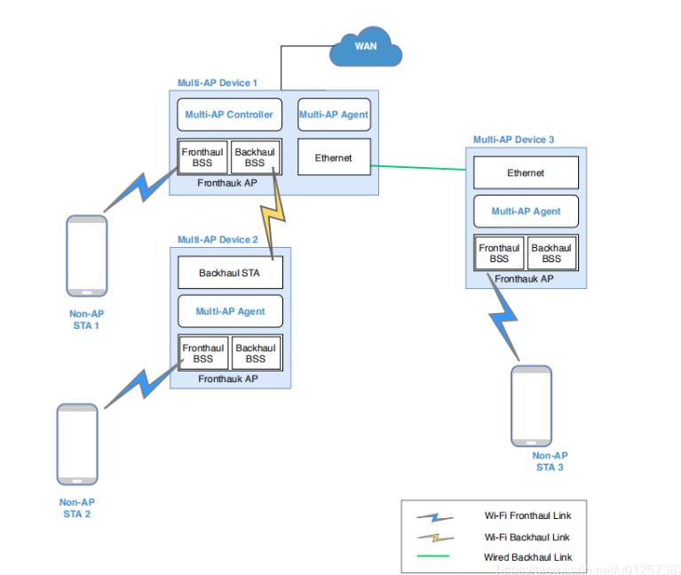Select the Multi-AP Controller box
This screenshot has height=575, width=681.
(228, 115)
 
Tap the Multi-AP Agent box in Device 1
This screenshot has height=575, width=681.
(334, 115)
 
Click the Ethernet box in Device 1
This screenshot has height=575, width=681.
(334, 158)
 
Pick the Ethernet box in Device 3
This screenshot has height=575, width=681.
(526, 173)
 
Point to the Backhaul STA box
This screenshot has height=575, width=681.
(229, 273)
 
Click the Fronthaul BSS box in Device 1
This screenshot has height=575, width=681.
(202, 157)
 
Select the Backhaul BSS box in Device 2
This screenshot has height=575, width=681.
(256, 354)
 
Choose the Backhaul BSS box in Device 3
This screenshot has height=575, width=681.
(551, 253)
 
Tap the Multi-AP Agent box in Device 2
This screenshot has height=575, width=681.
(229, 311)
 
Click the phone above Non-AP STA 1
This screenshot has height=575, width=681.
(88, 256)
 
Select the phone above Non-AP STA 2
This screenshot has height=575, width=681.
(77, 444)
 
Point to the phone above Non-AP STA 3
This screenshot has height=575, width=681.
(531, 405)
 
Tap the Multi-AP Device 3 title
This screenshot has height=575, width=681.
(513, 140)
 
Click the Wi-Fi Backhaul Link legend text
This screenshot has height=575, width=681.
(527, 537)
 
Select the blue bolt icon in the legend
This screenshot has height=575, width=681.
(435, 517)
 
